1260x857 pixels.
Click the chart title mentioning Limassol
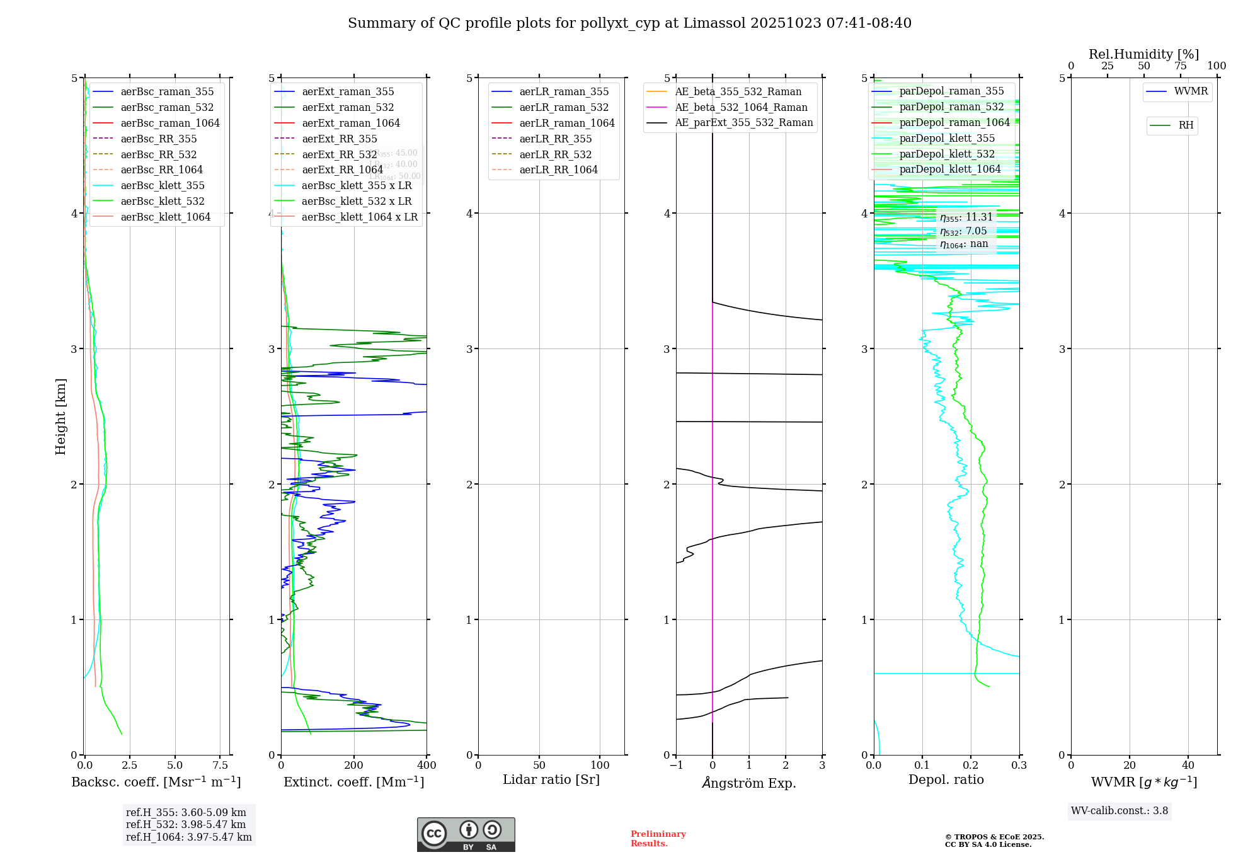[x=629, y=23]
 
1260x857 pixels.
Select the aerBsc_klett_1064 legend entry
[x=166, y=217]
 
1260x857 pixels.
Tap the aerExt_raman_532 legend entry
[x=348, y=108]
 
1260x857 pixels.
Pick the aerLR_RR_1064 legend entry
[x=558, y=170]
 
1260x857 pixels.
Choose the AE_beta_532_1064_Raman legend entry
[x=741, y=108]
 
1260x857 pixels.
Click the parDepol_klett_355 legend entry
[x=947, y=138]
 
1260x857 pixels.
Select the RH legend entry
[x=1186, y=125]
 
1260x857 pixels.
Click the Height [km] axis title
[x=60, y=417]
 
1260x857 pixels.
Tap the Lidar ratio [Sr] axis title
[x=551, y=780]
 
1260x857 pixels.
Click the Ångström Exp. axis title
[x=749, y=783]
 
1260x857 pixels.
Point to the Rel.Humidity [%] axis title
[x=1143, y=54]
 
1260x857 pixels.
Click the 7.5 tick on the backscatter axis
[x=220, y=766]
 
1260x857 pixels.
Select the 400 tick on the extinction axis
[x=427, y=766]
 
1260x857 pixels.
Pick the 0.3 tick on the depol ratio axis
[x=1019, y=766]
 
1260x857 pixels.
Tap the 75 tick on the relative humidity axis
[x=1180, y=66]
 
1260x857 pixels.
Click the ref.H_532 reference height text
[x=186, y=825]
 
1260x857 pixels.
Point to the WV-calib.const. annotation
[x=1120, y=811]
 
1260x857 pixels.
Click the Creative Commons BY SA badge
[x=466, y=835]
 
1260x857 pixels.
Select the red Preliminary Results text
[x=658, y=839]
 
